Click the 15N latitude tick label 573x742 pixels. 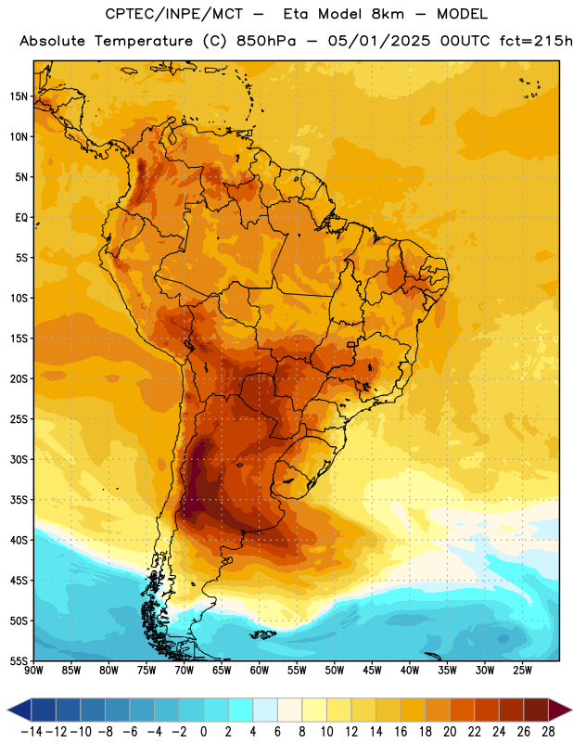[x=19, y=96]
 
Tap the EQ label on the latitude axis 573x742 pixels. [x=21, y=218]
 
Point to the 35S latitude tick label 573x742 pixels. [x=19, y=500]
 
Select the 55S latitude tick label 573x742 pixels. [x=19, y=661]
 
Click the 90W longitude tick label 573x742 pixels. [x=33, y=671]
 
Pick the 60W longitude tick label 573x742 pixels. [x=260, y=671]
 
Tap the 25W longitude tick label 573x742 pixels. [x=522, y=671]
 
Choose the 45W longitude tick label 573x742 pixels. [x=372, y=671]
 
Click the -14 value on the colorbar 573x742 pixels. [x=32, y=732]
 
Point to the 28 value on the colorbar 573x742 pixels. [x=548, y=732]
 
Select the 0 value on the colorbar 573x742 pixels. [x=203, y=732]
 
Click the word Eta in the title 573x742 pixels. [x=296, y=14]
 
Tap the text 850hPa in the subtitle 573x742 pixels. [x=266, y=41]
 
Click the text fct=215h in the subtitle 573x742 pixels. [x=536, y=41]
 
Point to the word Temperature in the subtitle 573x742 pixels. [x=144, y=42]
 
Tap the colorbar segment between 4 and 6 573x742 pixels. [x=265, y=710]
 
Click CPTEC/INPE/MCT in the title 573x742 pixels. [x=173, y=14]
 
